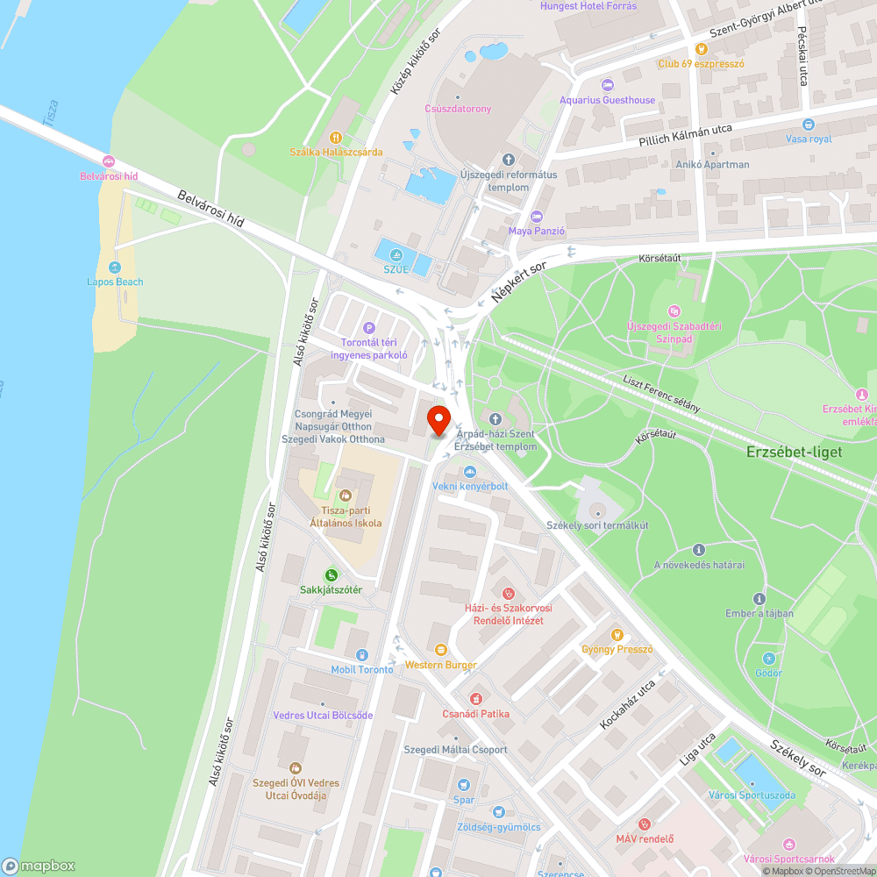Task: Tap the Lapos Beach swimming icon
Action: tap(115, 267)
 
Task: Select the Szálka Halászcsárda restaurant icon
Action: tap(336, 137)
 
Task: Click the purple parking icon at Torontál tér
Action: tap(369, 327)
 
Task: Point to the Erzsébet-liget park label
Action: tap(794, 453)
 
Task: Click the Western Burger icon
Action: tap(440, 650)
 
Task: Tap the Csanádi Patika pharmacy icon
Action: tap(476, 699)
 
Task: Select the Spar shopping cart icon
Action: tap(464, 785)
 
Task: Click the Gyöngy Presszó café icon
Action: tap(617, 634)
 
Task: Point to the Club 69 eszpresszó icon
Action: tap(701, 49)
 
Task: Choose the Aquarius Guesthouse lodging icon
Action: tap(608, 85)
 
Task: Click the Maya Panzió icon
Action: tap(537, 217)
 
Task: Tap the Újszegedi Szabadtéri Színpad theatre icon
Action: tap(674, 310)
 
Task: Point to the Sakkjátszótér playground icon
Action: tap(331, 575)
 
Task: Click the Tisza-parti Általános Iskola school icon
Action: tap(345, 496)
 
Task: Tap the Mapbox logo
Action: tap(39, 865)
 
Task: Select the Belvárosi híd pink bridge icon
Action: tap(109, 161)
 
